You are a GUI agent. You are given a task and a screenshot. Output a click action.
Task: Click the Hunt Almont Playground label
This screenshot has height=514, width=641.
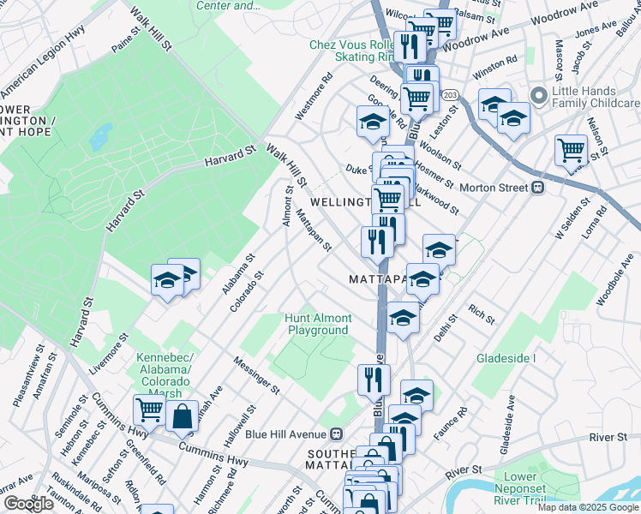click(319, 324)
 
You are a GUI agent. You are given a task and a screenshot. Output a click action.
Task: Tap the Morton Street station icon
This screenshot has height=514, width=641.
click(538, 188)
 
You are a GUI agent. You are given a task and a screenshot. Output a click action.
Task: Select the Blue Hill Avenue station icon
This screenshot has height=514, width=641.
click(338, 433)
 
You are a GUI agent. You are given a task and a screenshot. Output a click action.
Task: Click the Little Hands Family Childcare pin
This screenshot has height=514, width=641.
click(539, 94)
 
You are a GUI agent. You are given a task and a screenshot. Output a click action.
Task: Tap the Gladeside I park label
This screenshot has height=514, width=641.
click(506, 357)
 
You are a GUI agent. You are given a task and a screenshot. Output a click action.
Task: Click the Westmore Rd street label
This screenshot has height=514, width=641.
click(313, 100)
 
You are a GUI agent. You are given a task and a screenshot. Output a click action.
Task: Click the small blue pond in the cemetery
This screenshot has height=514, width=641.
click(101, 134)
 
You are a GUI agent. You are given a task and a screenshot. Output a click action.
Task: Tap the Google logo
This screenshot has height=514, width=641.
click(27, 504)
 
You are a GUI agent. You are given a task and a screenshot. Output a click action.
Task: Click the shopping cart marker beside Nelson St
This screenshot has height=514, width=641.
click(570, 151)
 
